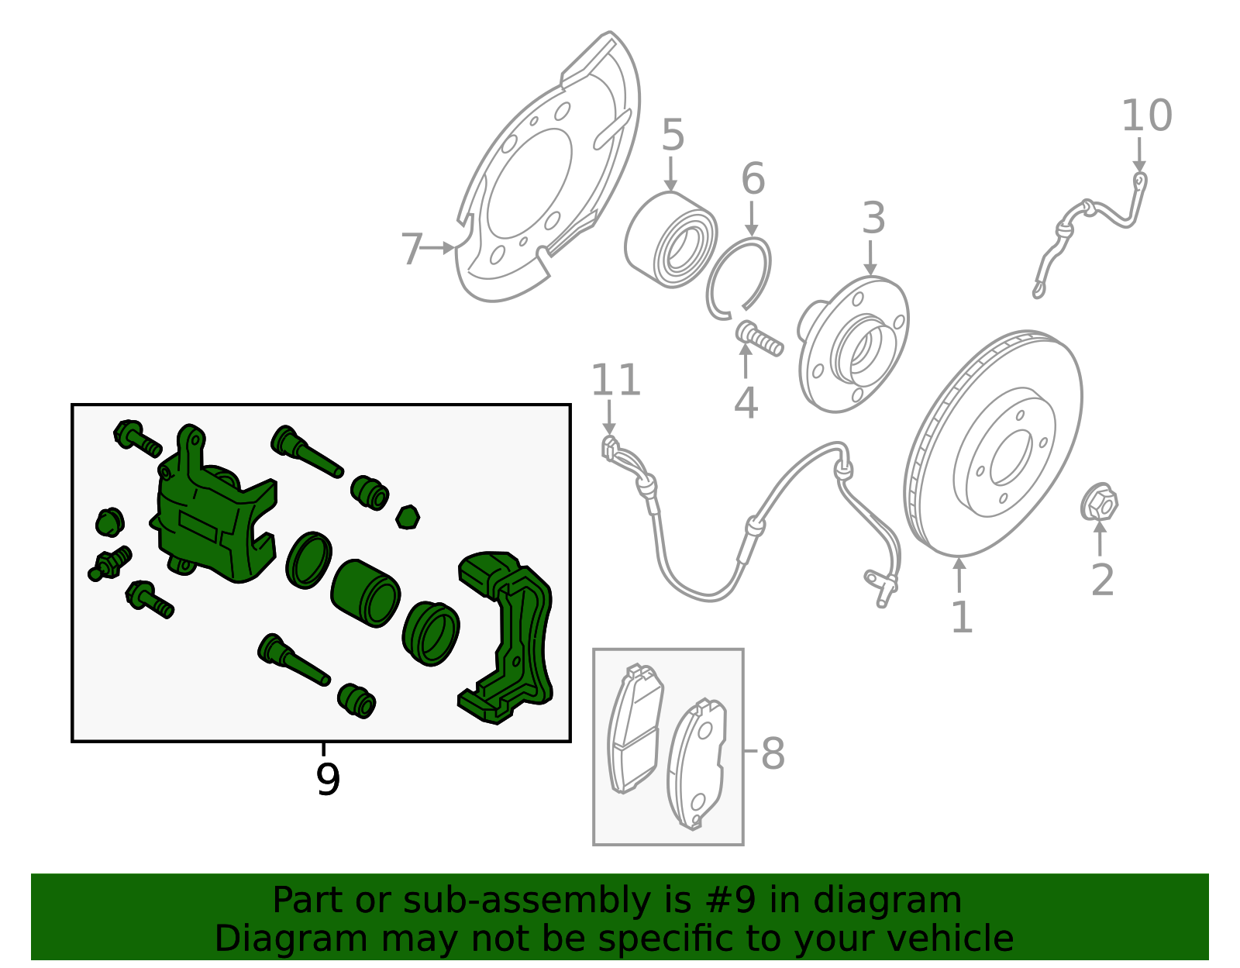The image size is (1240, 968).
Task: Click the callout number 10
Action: [x=1146, y=116]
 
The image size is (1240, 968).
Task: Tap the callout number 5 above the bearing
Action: [x=673, y=136]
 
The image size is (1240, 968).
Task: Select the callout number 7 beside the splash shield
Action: [x=412, y=250]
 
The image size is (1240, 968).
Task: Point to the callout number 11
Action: [x=616, y=381]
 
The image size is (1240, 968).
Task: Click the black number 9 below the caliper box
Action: [x=328, y=780]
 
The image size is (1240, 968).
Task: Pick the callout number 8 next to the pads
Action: [x=773, y=753]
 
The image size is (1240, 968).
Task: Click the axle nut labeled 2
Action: [x=1099, y=503]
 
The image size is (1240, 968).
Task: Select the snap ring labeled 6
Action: [x=739, y=279]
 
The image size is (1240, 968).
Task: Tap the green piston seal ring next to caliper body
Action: [x=308, y=560]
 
